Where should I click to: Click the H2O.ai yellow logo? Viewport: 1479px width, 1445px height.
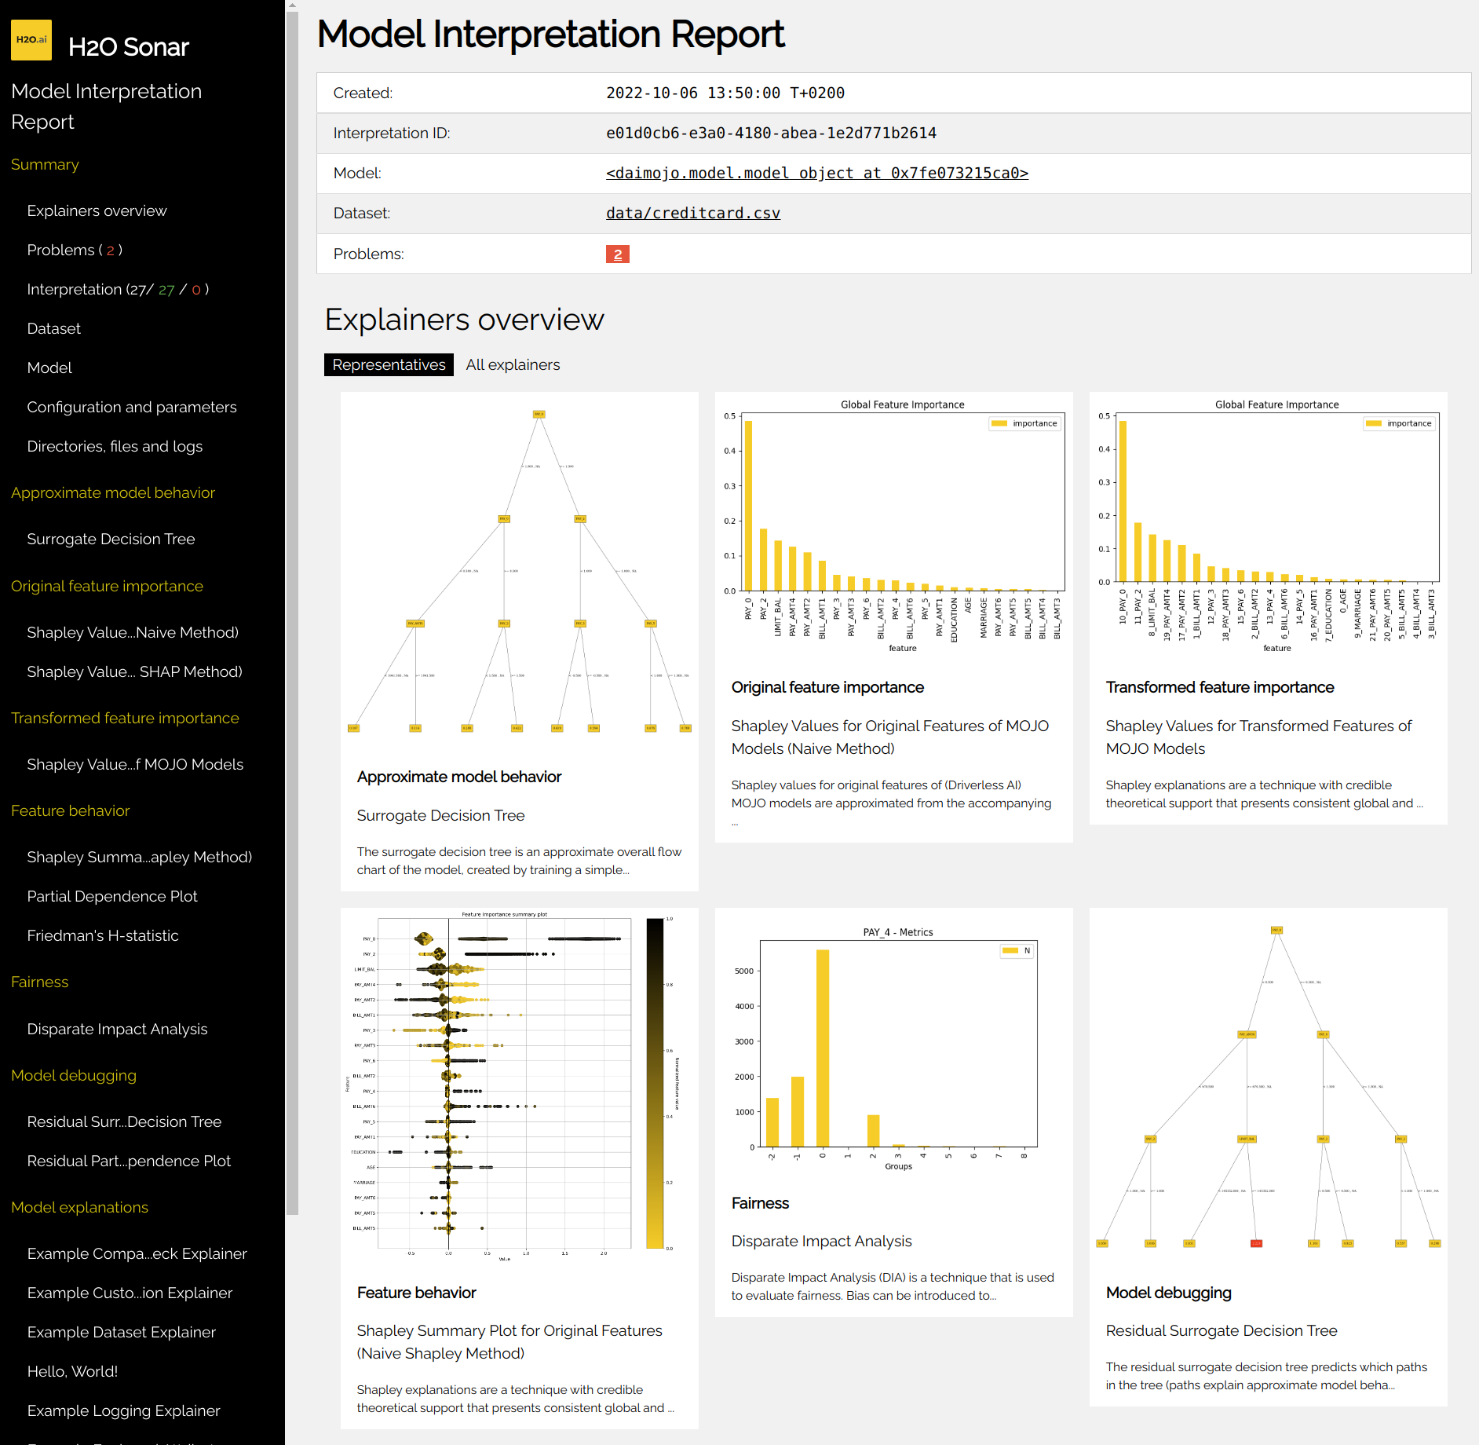tap(31, 40)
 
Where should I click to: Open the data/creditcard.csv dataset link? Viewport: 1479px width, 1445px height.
tap(692, 213)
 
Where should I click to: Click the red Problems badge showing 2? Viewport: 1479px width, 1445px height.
tap(617, 254)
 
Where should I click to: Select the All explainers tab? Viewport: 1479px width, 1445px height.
tap(513, 364)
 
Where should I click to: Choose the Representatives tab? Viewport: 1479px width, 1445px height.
tap(389, 364)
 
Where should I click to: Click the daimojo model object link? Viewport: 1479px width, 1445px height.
tap(816, 173)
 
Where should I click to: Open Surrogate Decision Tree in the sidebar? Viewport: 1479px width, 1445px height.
tap(111, 539)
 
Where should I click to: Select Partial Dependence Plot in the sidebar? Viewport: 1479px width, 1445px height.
tap(112, 896)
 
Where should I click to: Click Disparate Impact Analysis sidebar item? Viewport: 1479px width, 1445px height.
tap(117, 1029)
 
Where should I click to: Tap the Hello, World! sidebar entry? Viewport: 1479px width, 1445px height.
tap(72, 1371)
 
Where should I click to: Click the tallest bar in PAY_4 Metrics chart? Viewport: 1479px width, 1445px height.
tap(822, 1048)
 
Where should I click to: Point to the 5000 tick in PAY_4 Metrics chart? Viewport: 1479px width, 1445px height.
tap(743, 971)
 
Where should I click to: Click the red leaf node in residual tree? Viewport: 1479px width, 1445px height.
tap(1255, 1243)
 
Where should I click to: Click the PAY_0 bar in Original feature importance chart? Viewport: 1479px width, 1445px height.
tap(748, 506)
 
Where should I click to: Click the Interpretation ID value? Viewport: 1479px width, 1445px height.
tap(770, 133)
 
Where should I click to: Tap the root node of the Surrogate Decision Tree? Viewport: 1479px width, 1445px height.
tap(539, 414)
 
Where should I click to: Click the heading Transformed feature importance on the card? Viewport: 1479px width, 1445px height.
tap(1219, 687)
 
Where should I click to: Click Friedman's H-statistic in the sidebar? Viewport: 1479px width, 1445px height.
tap(103, 935)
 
